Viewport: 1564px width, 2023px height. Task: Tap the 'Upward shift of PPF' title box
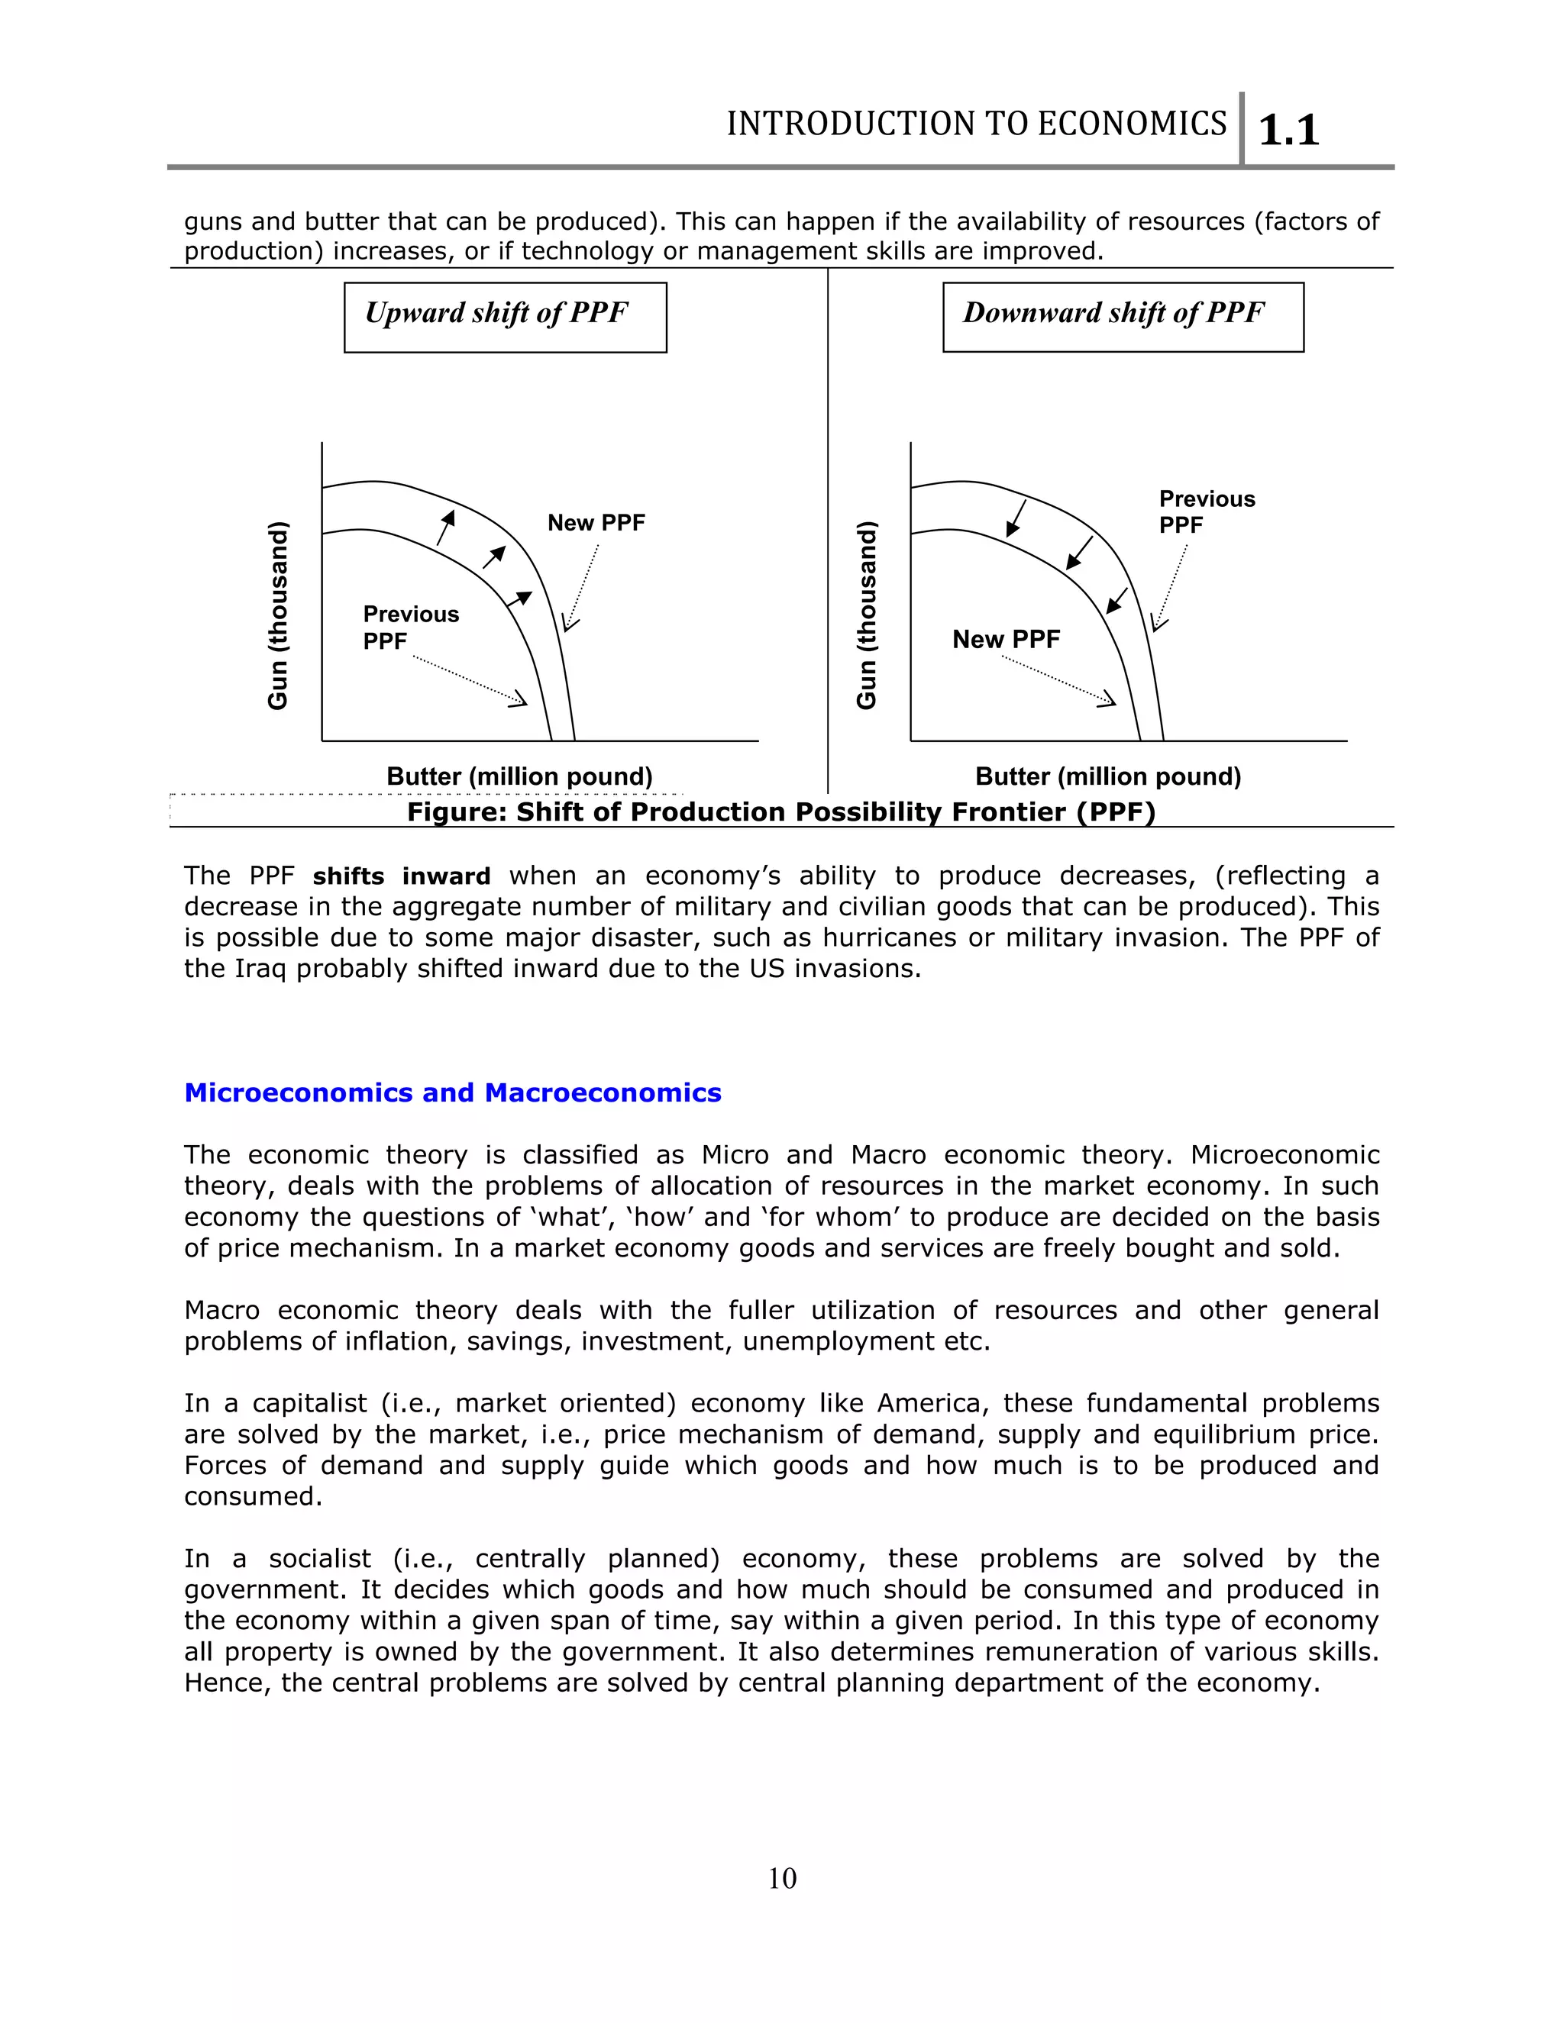click(x=505, y=317)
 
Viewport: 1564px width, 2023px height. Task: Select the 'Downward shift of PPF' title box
click(x=1122, y=317)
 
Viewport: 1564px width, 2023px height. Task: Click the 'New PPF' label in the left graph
click(x=596, y=524)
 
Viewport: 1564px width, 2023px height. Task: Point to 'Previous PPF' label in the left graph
click(x=410, y=627)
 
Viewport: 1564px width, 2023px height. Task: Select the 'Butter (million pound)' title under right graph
click(x=1107, y=776)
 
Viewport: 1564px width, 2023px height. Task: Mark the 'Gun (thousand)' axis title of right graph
click(x=866, y=616)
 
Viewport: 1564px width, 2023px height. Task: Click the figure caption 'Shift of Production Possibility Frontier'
click(x=781, y=812)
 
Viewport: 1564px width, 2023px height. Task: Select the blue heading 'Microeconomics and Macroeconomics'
click(x=452, y=1093)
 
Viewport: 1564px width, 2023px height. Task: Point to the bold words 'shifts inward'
click(x=401, y=876)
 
